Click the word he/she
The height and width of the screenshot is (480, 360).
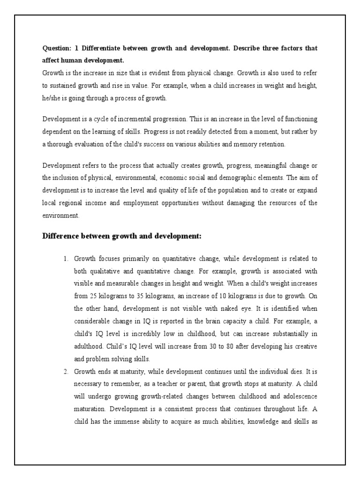[x=52, y=98]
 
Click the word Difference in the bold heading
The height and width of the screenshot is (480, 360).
[x=61, y=237]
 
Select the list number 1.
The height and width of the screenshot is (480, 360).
[x=66, y=259]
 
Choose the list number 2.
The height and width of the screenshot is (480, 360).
[x=66, y=371]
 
